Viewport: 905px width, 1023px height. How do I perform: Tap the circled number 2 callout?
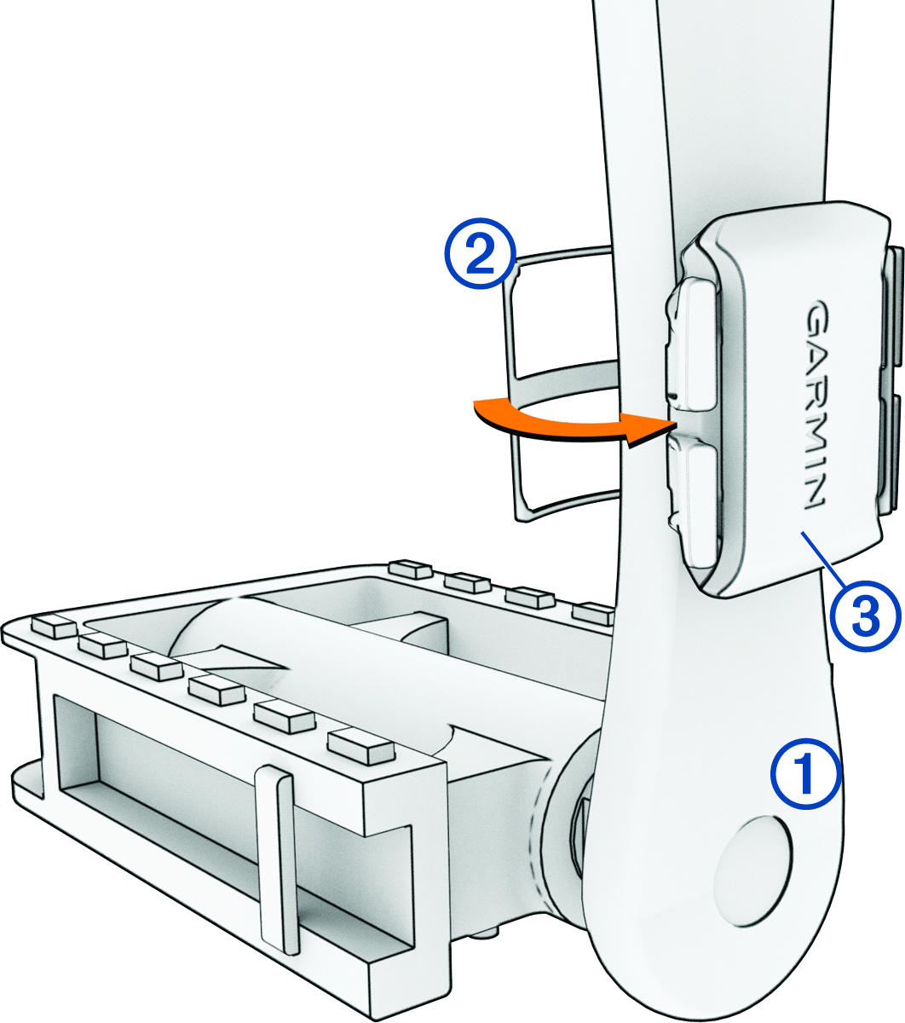click(x=481, y=253)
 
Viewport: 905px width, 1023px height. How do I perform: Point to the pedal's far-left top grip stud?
click(x=53, y=627)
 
